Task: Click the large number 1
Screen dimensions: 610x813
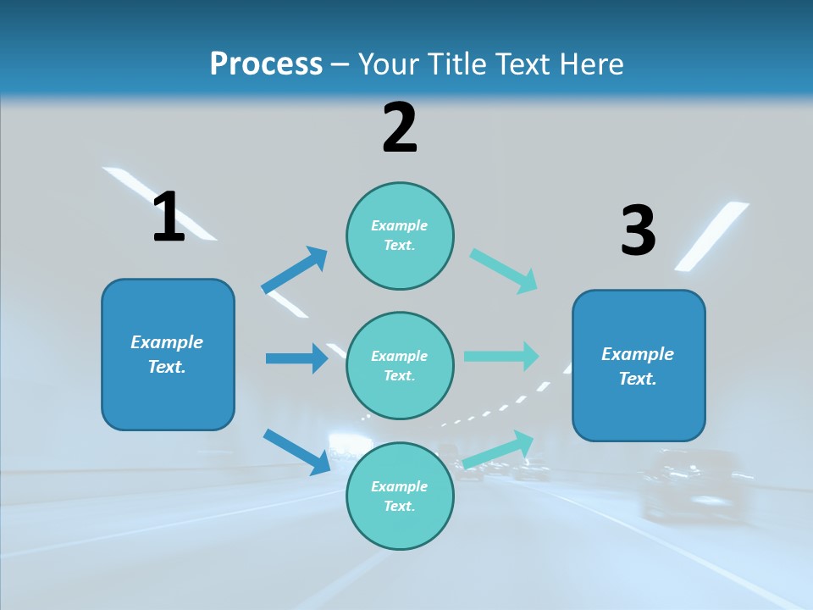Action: click(169, 217)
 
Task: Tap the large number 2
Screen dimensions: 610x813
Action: click(400, 128)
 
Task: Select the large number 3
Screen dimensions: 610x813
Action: click(638, 230)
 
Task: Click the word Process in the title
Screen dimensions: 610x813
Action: click(266, 64)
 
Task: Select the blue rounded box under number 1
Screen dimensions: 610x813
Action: click(168, 354)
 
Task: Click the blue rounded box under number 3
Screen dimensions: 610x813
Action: click(639, 366)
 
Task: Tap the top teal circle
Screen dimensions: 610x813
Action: click(400, 236)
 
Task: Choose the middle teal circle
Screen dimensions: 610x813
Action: click(400, 366)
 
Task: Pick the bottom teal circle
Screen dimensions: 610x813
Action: click(400, 496)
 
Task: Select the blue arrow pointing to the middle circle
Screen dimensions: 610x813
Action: click(296, 358)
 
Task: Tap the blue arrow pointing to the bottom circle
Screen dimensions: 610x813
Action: click(297, 451)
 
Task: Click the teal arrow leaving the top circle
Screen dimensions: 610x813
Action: click(504, 270)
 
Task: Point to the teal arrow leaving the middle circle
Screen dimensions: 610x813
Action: click(501, 357)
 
